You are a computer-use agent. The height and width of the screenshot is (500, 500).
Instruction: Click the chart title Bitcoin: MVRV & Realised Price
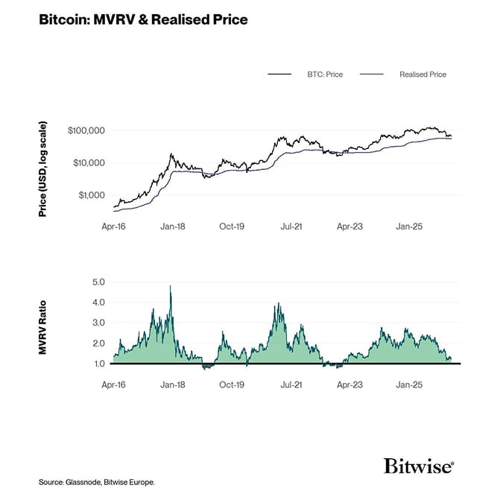coord(143,20)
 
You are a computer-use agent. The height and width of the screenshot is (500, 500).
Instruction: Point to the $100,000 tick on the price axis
coord(86,130)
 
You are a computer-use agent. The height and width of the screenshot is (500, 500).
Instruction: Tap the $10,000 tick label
coord(89,162)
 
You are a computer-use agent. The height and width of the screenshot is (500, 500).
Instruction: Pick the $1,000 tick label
coord(92,195)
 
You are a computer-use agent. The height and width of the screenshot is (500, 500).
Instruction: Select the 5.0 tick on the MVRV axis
coord(99,282)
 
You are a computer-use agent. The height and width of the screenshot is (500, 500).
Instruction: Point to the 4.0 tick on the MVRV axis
coord(99,303)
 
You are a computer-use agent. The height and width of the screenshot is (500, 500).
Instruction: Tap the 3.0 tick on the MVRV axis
coord(99,323)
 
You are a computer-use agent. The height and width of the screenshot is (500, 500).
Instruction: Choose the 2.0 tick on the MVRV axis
coord(99,344)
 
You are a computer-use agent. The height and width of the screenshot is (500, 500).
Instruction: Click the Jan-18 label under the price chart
coord(173,224)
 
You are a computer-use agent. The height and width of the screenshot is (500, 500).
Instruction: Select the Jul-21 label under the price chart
coord(291,224)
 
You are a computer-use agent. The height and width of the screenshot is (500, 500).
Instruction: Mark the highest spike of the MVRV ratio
coord(171,286)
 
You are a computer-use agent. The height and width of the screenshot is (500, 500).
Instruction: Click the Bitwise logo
coord(419,467)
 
